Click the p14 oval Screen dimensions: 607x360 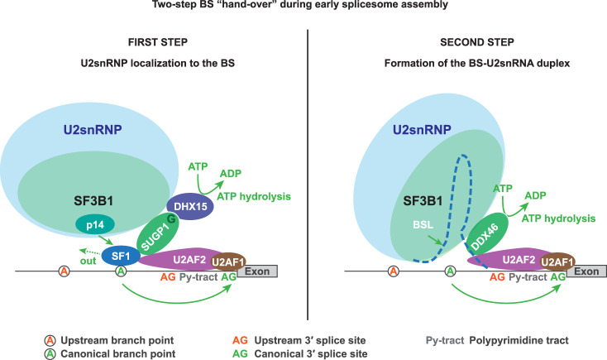click(95, 225)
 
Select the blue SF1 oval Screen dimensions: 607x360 click(121, 256)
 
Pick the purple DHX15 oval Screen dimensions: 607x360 click(190, 206)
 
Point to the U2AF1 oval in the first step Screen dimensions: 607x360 click(228, 262)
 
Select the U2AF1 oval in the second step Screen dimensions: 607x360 click(557, 262)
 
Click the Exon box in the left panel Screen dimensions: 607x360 click(257, 271)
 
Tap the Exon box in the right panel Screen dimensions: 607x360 click(586, 271)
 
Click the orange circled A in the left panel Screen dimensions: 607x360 click(65, 271)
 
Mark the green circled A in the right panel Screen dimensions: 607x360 click(451, 271)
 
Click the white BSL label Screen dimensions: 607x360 click(423, 225)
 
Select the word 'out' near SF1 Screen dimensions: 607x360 click(88, 261)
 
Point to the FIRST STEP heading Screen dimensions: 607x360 click(158, 42)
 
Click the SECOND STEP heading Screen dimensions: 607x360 click(477, 42)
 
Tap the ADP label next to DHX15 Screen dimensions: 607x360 click(231, 173)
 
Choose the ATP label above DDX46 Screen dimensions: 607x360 click(503, 189)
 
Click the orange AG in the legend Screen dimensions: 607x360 click(240, 341)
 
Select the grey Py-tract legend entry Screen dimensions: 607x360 click(445, 341)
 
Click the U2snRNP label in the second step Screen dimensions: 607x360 click(422, 129)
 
